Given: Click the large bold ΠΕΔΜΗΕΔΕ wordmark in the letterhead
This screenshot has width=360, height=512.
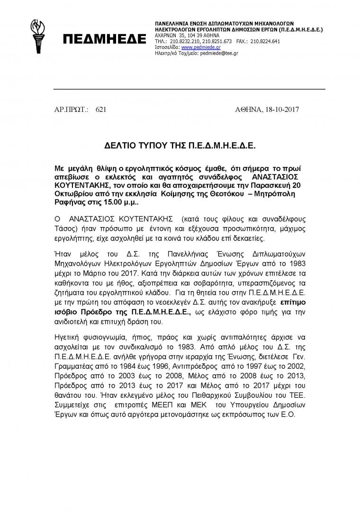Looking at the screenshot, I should (x=104, y=40).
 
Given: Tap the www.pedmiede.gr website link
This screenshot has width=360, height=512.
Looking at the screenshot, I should (x=200, y=47).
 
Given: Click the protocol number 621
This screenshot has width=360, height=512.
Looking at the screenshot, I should (x=101, y=110).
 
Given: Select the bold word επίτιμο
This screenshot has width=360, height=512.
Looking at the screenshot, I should (x=293, y=300).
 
